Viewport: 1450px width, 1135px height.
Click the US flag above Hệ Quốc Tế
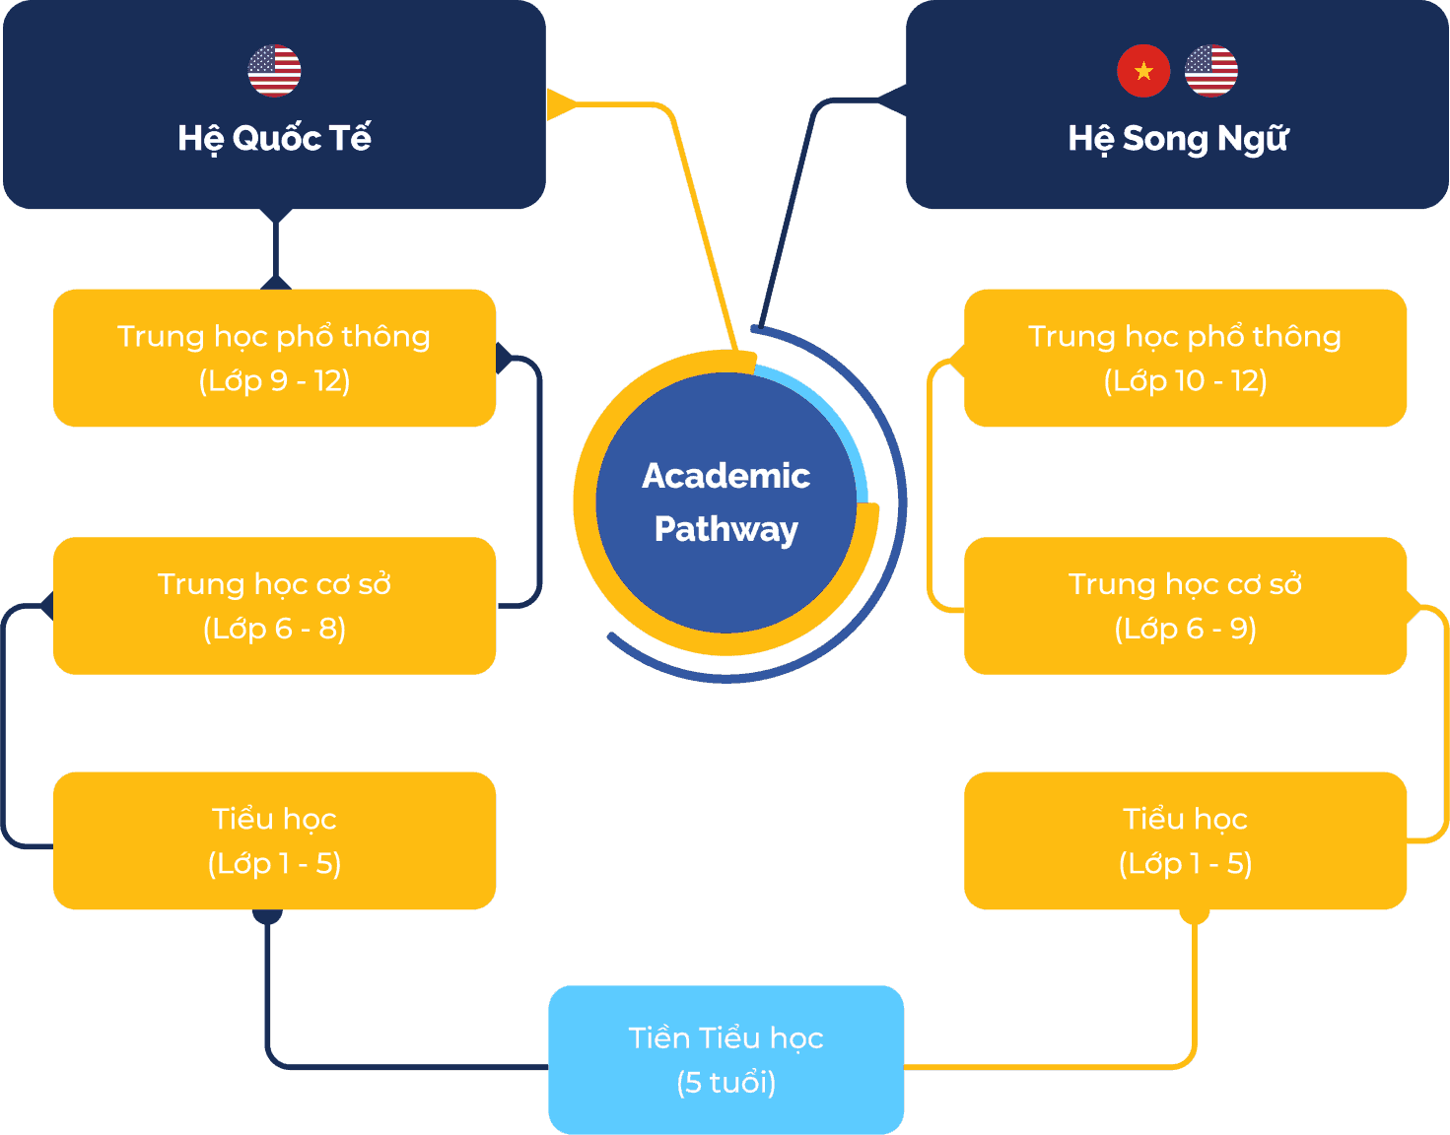pyautogui.click(x=274, y=71)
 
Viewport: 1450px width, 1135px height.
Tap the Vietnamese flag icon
pyautogui.click(x=1143, y=71)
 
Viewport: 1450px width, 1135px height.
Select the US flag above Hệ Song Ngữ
pyautogui.click(x=1210, y=71)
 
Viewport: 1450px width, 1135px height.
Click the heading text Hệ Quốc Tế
pyautogui.click(x=274, y=138)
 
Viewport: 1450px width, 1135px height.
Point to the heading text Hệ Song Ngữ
pyautogui.click(x=1178, y=139)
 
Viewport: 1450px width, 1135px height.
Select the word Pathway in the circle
pyautogui.click(x=726, y=529)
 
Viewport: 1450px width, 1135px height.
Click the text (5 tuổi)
pyautogui.click(x=726, y=1083)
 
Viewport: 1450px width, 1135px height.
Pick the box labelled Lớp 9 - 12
pyautogui.click(x=274, y=358)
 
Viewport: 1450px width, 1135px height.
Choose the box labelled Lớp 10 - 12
pyautogui.click(x=1185, y=358)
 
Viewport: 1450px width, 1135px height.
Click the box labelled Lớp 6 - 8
pyautogui.click(x=274, y=605)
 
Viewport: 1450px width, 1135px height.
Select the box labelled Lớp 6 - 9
pyautogui.click(x=1185, y=605)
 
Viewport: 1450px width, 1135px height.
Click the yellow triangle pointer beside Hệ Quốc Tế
pyautogui.click(x=559, y=103)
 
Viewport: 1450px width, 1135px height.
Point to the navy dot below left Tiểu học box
pyautogui.click(x=267, y=915)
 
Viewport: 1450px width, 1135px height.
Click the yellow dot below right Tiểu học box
pyautogui.click(x=1195, y=915)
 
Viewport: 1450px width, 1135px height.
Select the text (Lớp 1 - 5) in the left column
pyautogui.click(x=274, y=864)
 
